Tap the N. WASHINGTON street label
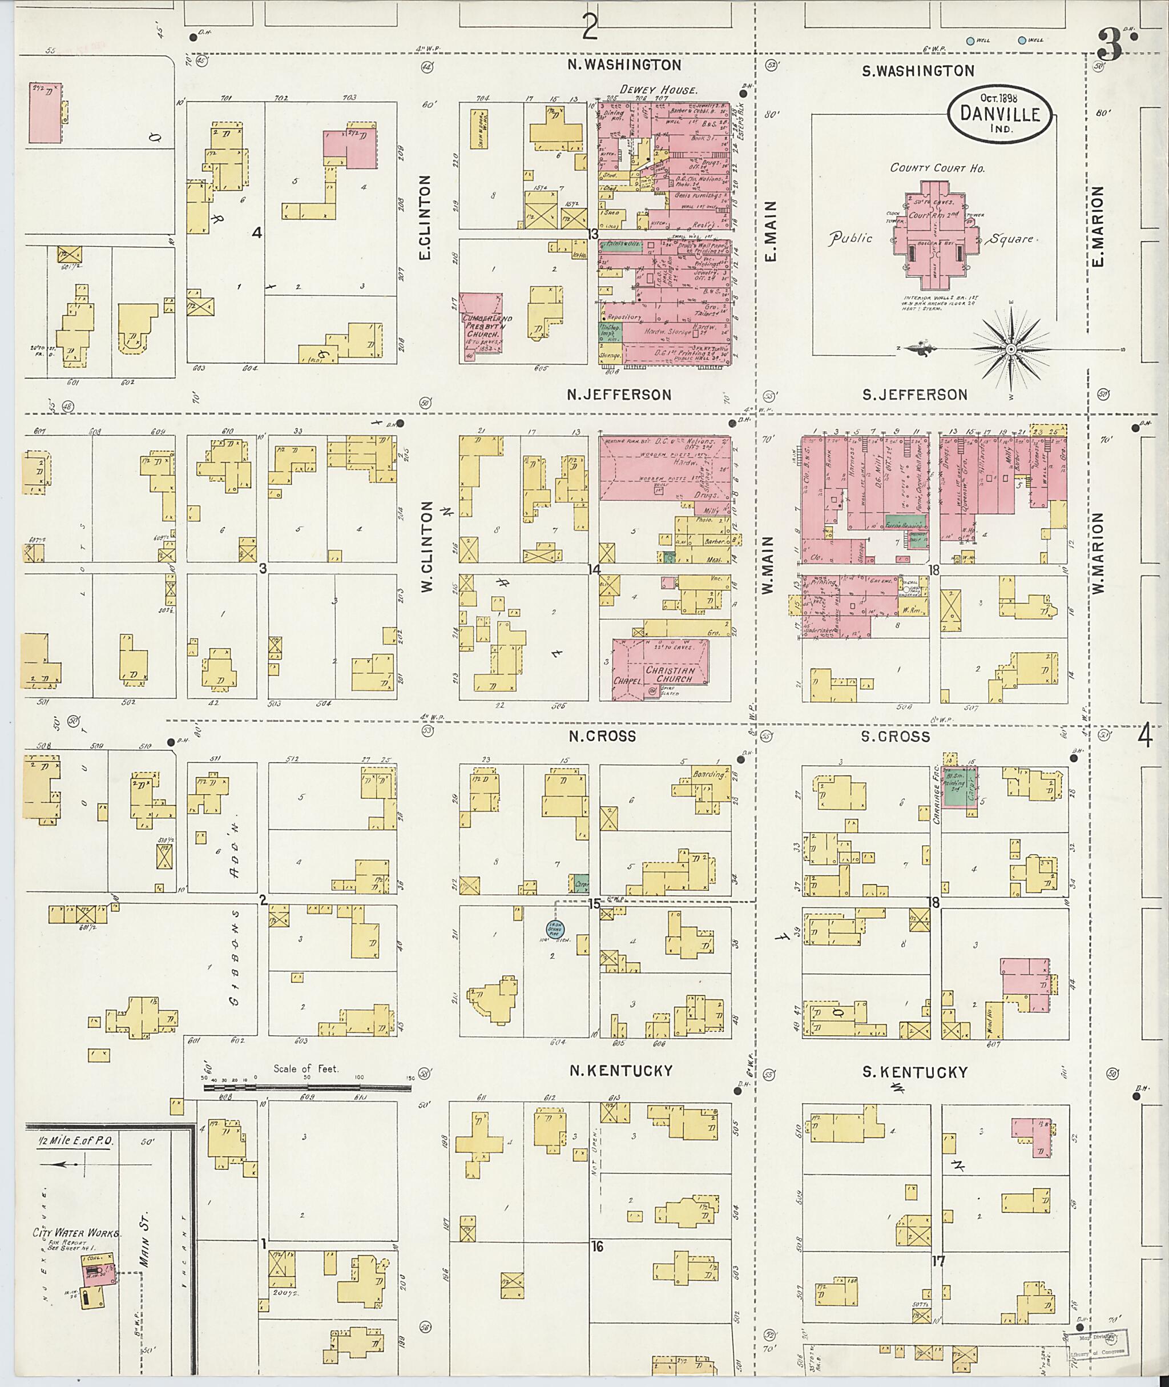point(624,65)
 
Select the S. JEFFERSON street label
point(914,395)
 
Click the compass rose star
point(1011,348)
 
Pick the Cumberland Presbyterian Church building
point(482,327)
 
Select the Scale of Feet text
point(306,1069)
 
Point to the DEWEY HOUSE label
point(658,90)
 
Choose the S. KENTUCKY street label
point(914,1072)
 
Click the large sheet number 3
point(1108,46)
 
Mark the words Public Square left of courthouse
point(851,239)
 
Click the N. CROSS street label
point(602,736)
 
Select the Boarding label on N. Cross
point(708,774)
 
